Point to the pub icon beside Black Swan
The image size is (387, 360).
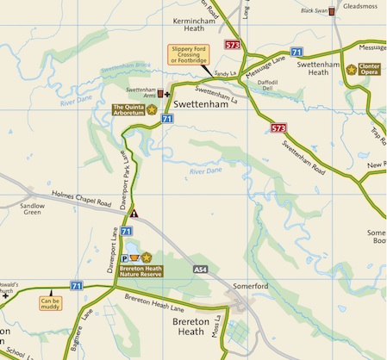[332, 13]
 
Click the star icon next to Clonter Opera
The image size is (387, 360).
[352, 69]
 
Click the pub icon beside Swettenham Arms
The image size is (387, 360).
[159, 92]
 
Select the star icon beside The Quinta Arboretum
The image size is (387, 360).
[152, 109]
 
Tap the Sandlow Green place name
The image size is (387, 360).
[32, 211]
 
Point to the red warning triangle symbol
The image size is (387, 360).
[134, 212]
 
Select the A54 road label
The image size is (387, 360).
[201, 270]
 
